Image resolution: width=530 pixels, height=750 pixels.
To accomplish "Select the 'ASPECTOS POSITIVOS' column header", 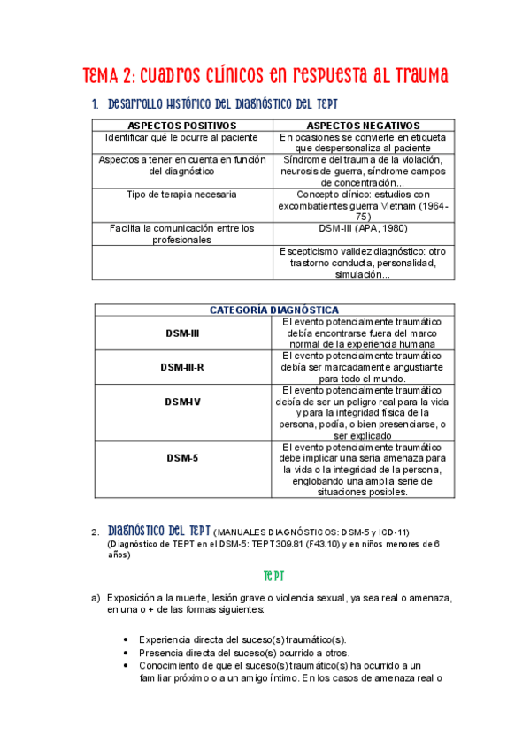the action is point(182,126).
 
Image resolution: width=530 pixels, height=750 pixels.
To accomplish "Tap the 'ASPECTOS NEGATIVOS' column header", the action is point(363,126).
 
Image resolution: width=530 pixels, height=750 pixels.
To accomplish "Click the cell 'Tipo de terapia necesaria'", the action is point(182,194).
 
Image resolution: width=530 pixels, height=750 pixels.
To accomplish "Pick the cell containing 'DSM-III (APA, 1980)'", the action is point(363,228).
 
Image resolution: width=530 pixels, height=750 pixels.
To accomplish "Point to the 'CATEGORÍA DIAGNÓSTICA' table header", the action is point(273,310).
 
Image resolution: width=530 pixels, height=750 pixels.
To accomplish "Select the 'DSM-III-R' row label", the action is point(182,366).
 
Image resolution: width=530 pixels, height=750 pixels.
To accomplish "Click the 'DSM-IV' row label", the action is point(182,402).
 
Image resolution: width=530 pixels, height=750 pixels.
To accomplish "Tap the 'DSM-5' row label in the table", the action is point(182,458).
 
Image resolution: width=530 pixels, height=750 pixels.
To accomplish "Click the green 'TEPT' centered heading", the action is point(265,575).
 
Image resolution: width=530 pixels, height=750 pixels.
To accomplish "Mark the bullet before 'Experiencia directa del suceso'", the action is point(128,639).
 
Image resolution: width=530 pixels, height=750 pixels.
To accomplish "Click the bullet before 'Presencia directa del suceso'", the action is point(128,653).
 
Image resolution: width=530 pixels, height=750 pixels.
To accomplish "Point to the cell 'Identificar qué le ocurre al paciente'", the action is point(182,138).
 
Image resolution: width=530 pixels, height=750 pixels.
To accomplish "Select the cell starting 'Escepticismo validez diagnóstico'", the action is point(363,263).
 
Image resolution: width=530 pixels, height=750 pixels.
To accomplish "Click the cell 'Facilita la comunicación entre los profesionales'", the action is point(182,233).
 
